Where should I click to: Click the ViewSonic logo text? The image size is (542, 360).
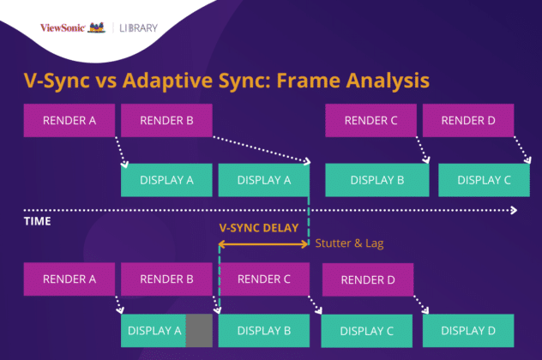(63, 28)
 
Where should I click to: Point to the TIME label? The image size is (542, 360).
(37, 221)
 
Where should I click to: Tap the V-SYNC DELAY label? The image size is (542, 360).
(259, 228)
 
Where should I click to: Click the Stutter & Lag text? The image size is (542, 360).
(349, 243)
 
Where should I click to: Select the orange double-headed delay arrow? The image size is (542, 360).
(263, 243)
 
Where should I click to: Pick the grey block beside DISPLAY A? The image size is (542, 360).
(199, 330)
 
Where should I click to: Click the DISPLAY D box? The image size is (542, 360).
(468, 330)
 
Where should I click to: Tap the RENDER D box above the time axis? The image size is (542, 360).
(468, 120)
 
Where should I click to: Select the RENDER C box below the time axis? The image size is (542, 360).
(263, 279)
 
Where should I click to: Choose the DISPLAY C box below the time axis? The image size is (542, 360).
(365, 330)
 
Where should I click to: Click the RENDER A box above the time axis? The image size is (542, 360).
(69, 120)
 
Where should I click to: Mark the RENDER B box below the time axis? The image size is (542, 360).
(166, 279)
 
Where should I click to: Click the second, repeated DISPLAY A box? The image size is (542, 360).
(263, 180)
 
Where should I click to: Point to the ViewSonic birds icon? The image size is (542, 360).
(98, 27)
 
